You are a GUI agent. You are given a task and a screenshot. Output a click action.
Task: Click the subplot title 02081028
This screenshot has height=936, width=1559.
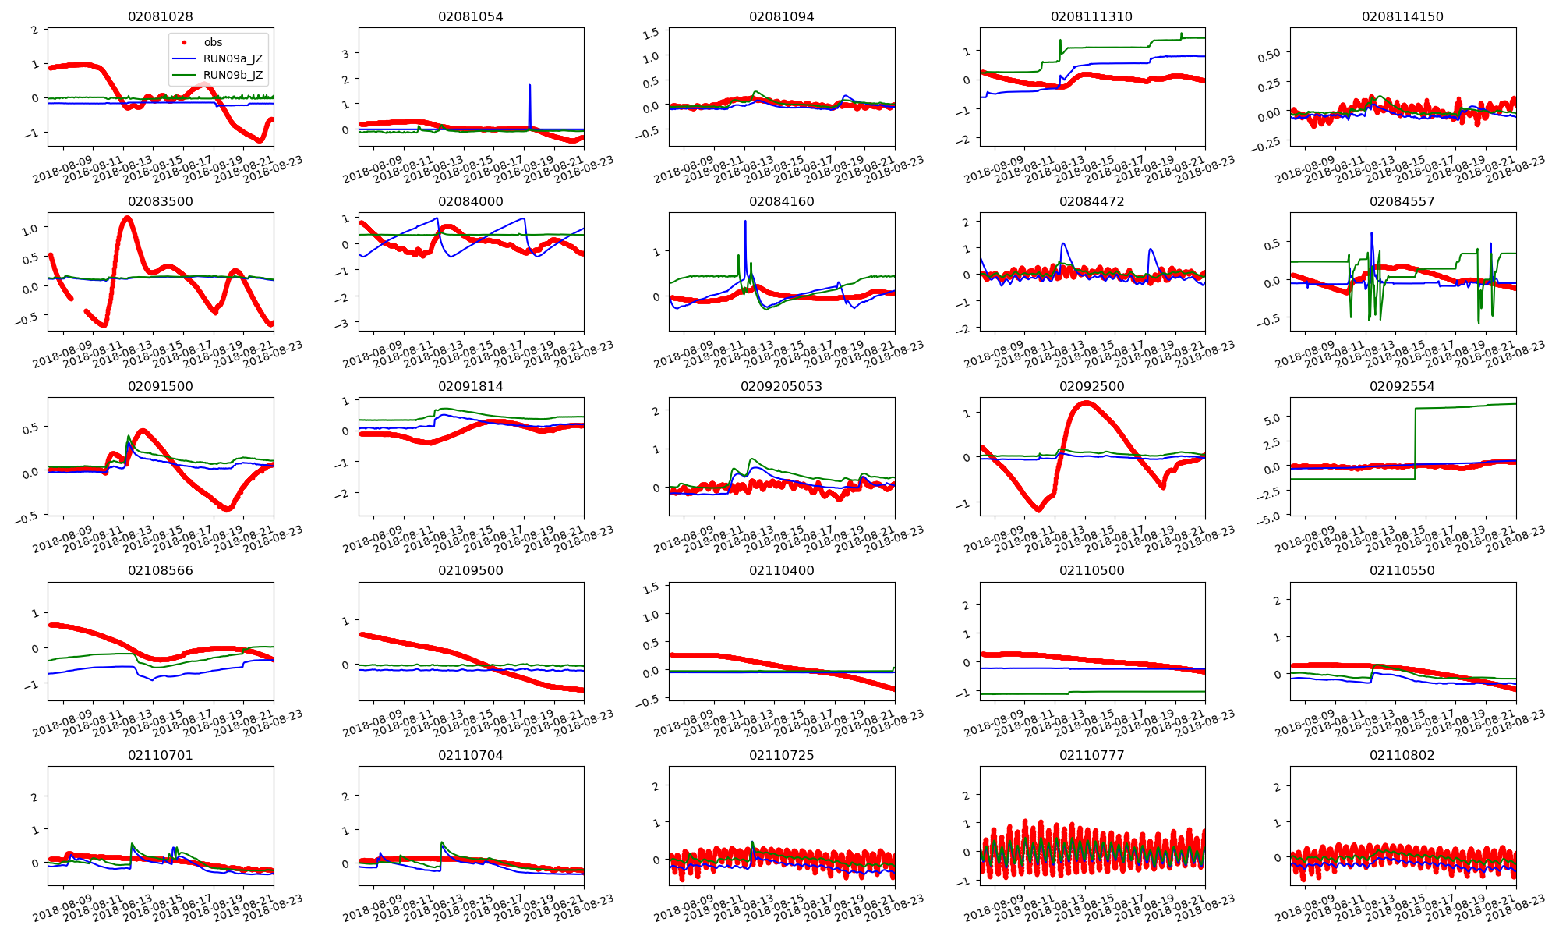point(160,16)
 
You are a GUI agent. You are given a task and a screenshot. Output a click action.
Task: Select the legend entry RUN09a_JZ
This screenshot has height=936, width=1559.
point(232,58)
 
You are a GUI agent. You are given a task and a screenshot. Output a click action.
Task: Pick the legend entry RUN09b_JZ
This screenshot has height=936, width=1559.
point(232,76)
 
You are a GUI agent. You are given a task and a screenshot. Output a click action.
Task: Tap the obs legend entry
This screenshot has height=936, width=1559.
point(213,42)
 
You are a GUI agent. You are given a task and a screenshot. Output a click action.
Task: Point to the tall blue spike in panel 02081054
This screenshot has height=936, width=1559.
point(529,86)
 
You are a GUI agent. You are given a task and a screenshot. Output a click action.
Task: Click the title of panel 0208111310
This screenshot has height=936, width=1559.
point(1091,16)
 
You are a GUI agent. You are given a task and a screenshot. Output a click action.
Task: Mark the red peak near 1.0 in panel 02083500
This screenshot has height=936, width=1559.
point(127,218)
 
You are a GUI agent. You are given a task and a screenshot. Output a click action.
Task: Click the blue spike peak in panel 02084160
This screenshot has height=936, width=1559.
point(745,222)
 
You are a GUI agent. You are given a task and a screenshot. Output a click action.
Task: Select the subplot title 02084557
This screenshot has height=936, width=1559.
point(1402,201)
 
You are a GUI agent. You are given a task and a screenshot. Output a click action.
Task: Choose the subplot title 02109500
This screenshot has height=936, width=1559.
point(470,570)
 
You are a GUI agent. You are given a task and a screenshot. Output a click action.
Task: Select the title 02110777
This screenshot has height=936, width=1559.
point(1091,755)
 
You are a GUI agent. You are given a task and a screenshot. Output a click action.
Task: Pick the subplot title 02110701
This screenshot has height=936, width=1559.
point(160,755)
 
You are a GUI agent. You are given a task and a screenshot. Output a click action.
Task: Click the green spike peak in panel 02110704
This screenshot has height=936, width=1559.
point(442,842)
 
